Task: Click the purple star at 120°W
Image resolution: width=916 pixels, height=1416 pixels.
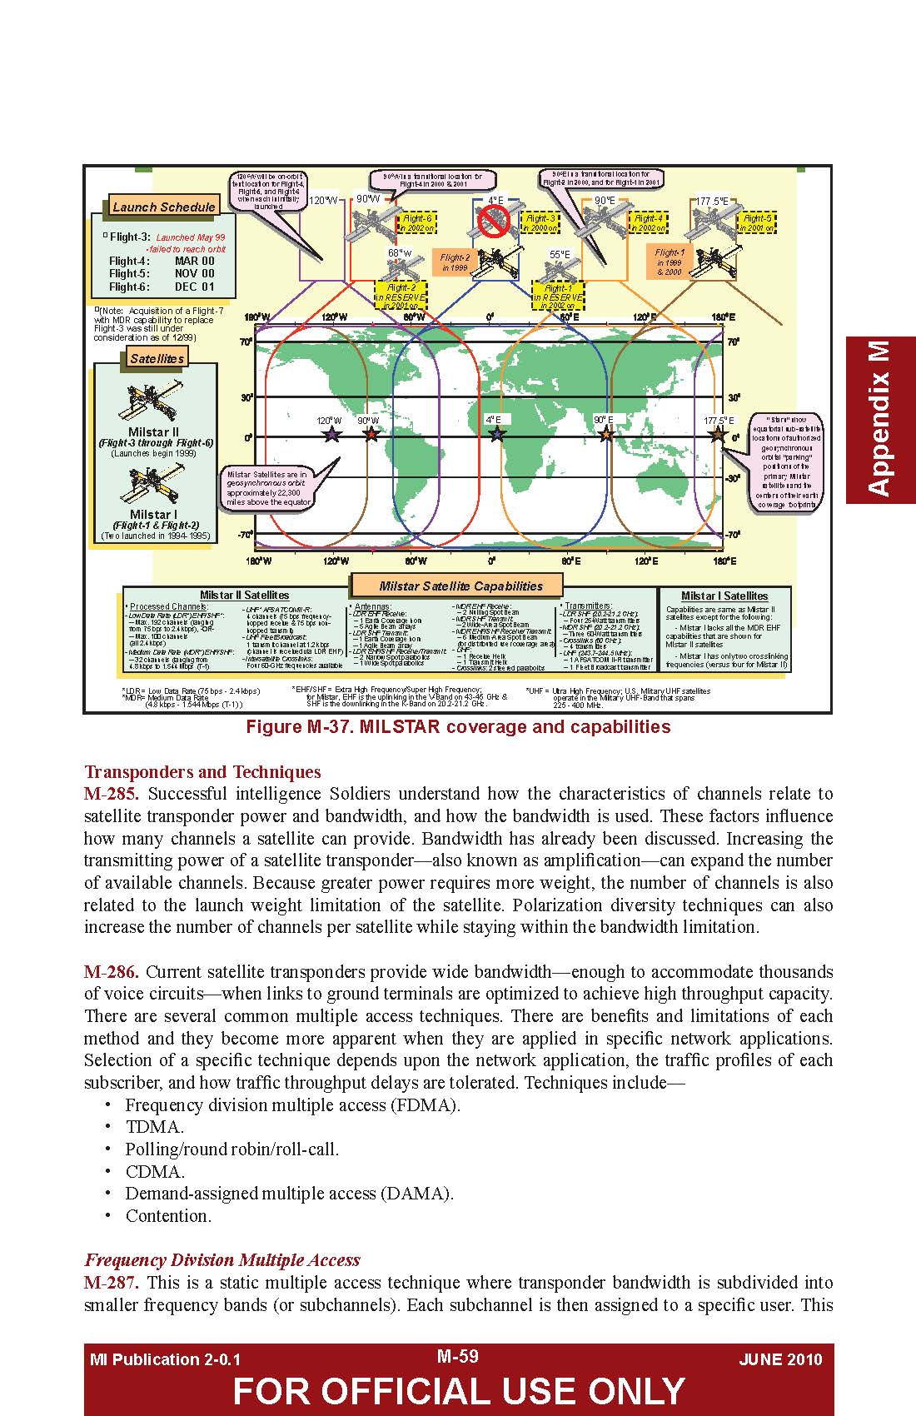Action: tap(331, 434)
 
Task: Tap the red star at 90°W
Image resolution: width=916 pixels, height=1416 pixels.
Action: tap(371, 434)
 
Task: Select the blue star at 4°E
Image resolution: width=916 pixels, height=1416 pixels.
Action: tap(497, 434)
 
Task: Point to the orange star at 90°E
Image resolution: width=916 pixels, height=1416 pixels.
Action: tap(606, 434)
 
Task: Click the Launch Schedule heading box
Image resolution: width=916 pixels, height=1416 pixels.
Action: tap(163, 207)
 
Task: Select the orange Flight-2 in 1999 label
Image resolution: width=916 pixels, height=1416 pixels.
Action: tap(455, 262)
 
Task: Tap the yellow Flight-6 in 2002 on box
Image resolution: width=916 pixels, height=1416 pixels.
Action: tap(416, 222)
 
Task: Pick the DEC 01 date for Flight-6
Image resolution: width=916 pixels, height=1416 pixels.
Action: tap(194, 287)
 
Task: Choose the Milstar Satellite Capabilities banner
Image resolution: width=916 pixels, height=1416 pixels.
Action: tap(460, 586)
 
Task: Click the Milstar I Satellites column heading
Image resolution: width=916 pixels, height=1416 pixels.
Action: tap(724, 596)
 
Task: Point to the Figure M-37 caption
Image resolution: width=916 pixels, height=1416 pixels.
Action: tap(457, 726)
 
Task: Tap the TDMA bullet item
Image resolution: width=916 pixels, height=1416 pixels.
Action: tap(154, 1127)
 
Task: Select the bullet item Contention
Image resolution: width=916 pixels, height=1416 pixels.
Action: tap(168, 1215)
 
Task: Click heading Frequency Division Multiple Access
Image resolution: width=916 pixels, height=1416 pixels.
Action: tap(222, 1259)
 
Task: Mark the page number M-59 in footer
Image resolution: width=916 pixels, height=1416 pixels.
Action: tap(457, 1356)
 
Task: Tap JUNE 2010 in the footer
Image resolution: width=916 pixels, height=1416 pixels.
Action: tap(779, 1359)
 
